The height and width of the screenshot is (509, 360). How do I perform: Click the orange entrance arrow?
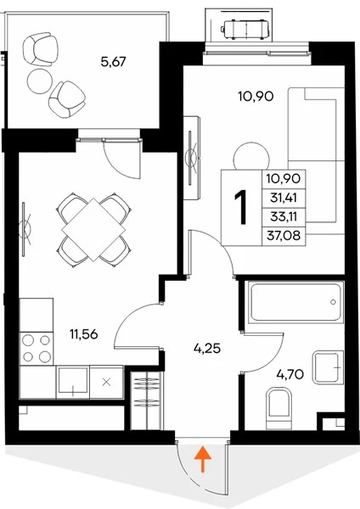coord(203,459)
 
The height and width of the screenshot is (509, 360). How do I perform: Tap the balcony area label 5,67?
coord(113,61)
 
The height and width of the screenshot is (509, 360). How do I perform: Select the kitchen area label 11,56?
coord(84,333)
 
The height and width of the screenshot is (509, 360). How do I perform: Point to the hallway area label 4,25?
coord(207,349)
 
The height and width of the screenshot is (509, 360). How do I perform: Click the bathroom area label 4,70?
coord(290,374)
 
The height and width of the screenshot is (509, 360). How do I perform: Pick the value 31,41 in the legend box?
coord(284,198)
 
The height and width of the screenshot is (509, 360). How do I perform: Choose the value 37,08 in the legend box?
coord(284,235)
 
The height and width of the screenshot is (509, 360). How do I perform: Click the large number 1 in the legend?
coord(241,208)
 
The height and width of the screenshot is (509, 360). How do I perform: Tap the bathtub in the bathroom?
coord(295,303)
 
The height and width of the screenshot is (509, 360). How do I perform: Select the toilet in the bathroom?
coord(278,408)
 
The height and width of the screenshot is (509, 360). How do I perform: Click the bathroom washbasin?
coord(328,367)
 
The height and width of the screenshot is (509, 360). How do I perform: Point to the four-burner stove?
coord(37,349)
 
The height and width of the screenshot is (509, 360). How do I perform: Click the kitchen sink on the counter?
coord(72,382)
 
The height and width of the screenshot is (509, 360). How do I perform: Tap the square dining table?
coord(93,230)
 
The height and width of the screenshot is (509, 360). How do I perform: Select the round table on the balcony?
coord(40,81)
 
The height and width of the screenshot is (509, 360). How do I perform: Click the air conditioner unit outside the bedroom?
coord(245,30)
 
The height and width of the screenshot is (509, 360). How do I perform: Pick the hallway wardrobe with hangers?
coord(146,400)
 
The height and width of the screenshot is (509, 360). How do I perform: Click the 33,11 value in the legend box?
coord(284,216)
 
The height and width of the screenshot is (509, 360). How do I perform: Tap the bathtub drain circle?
coord(333,302)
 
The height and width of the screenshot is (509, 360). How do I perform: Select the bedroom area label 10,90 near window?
coord(256,96)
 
